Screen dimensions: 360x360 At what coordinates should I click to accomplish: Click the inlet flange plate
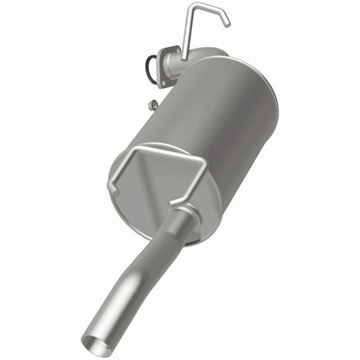click(x=163, y=68)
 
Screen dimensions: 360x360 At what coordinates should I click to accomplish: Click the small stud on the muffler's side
click(x=152, y=106)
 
